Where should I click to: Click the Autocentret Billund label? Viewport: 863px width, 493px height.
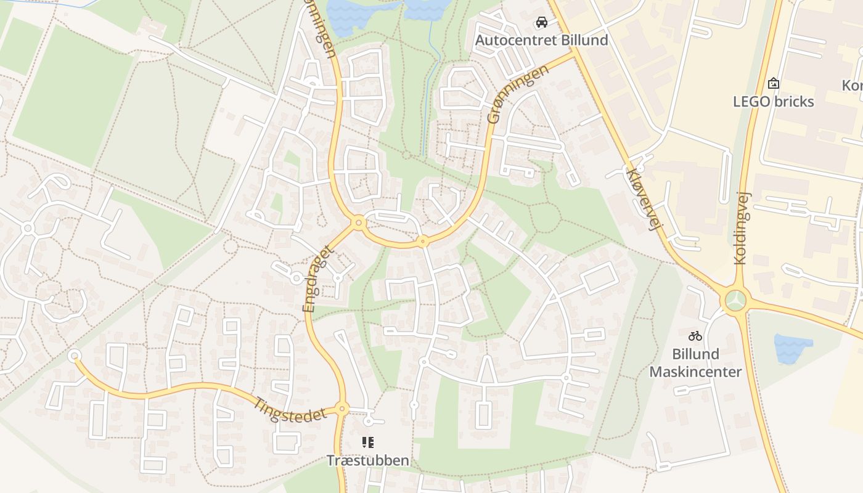pos(541,41)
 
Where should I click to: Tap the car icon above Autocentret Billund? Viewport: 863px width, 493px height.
pos(542,23)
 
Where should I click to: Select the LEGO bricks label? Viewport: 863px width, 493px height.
pos(774,101)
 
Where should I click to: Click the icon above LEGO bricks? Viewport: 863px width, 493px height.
pos(774,83)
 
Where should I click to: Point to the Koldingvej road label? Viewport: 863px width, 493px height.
pos(740,227)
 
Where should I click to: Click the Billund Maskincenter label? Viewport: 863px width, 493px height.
pos(695,363)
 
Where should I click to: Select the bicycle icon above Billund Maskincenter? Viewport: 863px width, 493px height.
pos(695,336)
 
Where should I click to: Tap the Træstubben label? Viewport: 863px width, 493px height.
pos(367,460)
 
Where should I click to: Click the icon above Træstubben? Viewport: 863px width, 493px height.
pos(368,442)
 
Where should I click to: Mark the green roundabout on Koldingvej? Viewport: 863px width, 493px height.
pos(735,301)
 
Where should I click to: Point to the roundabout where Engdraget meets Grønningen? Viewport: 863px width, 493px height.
pos(358,222)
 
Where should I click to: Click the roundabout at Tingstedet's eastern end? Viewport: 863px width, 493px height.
pos(342,409)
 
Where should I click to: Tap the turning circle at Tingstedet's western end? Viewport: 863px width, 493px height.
pos(75,356)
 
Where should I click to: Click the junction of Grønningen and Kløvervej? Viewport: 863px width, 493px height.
pos(575,54)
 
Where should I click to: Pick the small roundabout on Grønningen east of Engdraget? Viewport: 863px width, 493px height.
pos(422,241)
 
